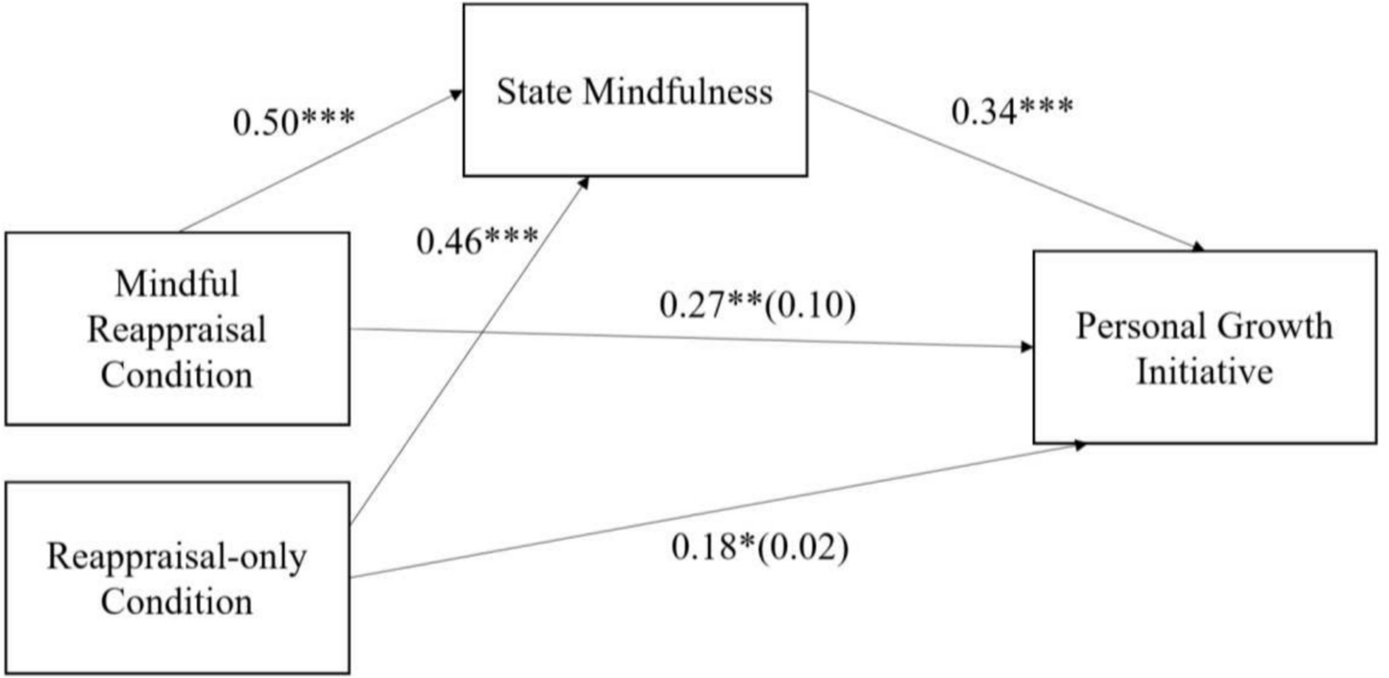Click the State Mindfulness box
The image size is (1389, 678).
(x=635, y=90)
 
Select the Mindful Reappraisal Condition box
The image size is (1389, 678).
(x=177, y=328)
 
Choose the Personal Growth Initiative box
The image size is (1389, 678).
(x=1204, y=347)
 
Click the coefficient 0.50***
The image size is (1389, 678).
(x=293, y=122)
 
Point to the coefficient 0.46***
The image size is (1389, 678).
(x=477, y=240)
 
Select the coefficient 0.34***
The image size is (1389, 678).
(x=1012, y=111)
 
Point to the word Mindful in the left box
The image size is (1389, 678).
(x=177, y=283)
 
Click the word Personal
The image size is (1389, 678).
(x=1140, y=326)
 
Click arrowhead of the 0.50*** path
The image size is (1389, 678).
(x=457, y=93)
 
